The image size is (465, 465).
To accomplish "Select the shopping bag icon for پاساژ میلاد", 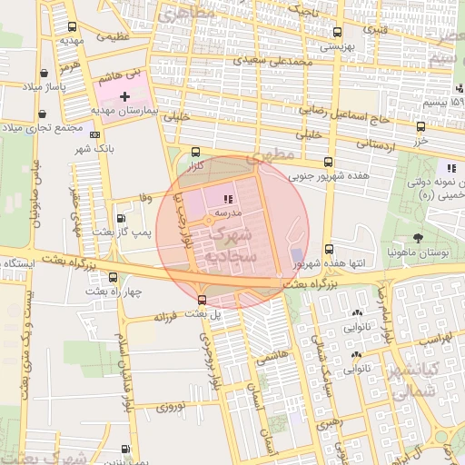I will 44,74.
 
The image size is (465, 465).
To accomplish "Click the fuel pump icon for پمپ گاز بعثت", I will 123,218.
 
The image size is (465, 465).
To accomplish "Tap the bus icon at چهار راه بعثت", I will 113,278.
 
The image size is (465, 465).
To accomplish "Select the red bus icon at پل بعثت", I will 202,300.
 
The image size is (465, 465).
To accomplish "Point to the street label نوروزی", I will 170,405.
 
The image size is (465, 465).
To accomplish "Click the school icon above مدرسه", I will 227,197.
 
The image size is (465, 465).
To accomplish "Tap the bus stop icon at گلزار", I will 196,153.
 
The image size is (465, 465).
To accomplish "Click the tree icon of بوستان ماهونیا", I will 417,237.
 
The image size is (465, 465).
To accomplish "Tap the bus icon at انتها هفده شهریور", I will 328,249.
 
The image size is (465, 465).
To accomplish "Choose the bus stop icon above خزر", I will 420,128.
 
